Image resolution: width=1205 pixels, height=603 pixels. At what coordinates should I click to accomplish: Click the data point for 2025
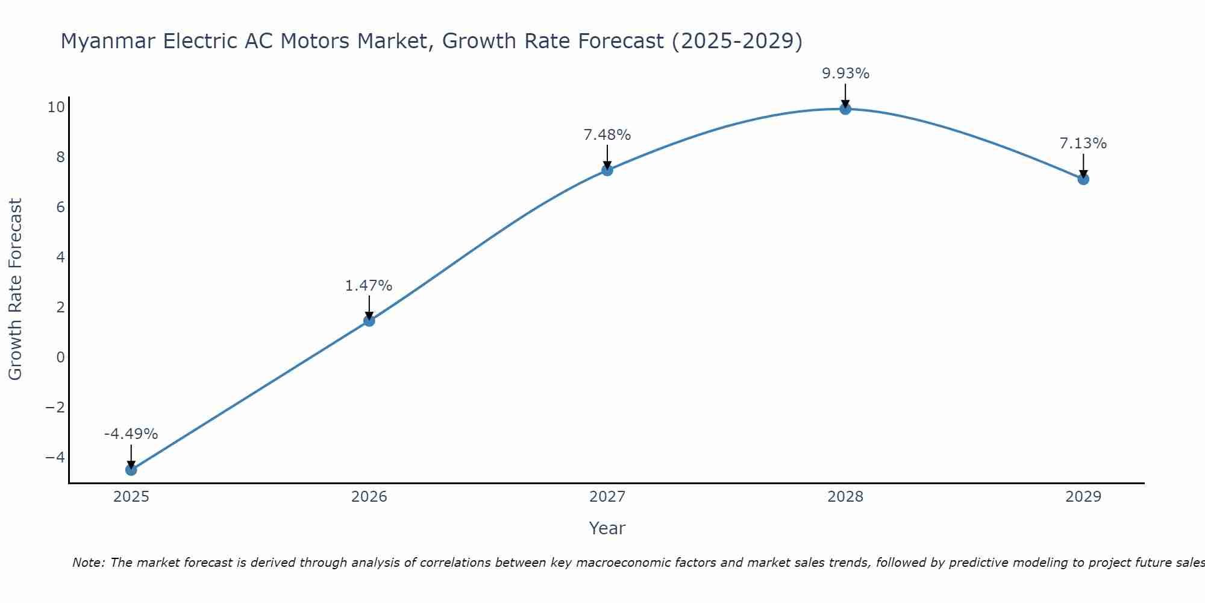(131, 470)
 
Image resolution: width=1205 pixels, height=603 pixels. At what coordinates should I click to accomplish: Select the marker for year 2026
(369, 321)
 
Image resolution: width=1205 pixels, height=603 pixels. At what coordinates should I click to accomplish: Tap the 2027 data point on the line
(607, 170)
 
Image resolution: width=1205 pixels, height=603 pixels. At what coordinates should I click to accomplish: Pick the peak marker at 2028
(845, 109)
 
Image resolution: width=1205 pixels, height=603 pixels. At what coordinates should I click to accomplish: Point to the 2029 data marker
(1083, 179)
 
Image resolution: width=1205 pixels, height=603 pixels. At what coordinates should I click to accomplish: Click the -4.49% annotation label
(131, 434)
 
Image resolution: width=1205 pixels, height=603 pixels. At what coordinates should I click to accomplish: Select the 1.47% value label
(369, 286)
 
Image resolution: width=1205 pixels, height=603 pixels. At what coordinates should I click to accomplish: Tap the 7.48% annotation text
(607, 135)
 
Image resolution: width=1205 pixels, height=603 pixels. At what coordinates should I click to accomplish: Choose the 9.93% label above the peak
(845, 74)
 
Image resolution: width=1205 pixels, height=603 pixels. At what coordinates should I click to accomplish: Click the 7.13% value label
(1083, 144)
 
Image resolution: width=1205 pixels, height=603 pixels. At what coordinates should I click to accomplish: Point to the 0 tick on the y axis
(60, 358)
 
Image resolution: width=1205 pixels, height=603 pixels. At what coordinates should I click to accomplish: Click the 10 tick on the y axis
(56, 107)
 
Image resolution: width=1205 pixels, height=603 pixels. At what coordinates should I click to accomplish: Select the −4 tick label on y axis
(55, 458)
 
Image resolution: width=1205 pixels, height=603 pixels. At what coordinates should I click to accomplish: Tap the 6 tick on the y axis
(60, 207)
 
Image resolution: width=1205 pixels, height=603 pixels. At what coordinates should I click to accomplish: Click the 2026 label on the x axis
(369, 497)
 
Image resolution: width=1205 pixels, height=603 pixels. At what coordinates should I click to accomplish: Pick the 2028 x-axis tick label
(845, 497)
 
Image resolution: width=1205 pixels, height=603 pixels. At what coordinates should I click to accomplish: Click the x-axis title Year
(607, 528)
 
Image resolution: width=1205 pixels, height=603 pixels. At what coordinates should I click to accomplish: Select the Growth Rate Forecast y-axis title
(15, 289)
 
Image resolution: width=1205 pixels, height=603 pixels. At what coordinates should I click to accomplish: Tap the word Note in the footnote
(88, 563)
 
